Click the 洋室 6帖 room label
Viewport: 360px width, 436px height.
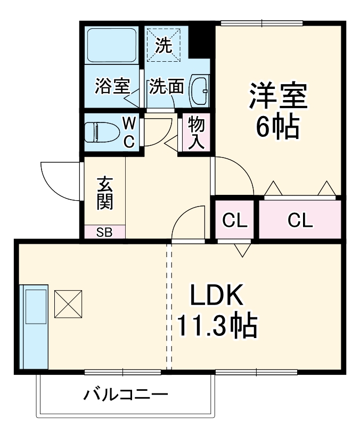pos(277,111)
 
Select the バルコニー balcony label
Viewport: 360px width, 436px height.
pos(126,394)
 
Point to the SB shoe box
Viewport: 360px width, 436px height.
pos(104,232)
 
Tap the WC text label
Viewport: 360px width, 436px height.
pos(129,131)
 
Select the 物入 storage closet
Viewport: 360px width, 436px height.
pos(196,133)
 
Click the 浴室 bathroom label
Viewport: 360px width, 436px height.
pos(112,86)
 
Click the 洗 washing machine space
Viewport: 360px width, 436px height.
pos(164,45)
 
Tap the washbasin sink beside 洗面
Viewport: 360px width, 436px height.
pos(200,89)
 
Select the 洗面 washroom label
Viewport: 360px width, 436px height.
pos(166,86)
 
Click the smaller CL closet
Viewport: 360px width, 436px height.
pos(235,220)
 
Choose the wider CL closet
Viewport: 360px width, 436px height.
pos(300,220)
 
